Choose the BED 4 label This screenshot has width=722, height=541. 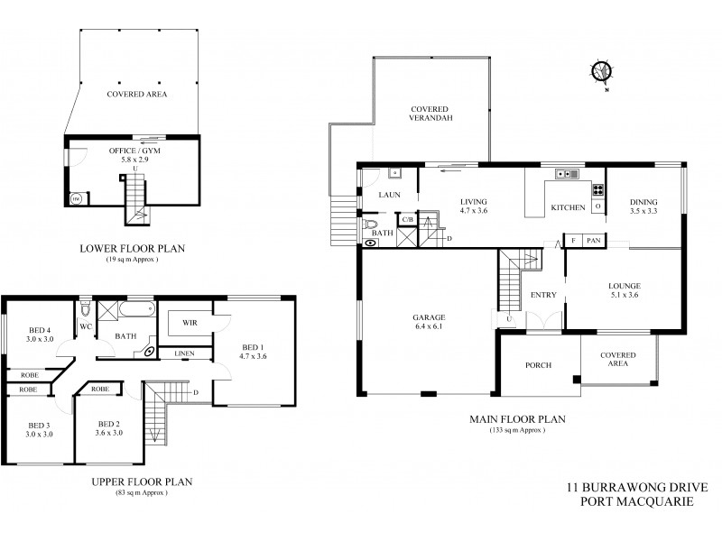point(37,328)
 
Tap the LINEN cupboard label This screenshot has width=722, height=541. point(184,353)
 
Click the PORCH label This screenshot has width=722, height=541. point(539,365)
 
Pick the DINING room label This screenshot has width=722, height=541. point(643,202)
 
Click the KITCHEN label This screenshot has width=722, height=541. point(568,208)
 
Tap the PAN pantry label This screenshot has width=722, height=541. point(593,241)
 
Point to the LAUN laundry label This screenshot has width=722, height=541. point(389,194)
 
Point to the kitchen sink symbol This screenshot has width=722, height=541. point(568,173)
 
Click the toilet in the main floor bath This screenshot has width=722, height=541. point(371,225)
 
